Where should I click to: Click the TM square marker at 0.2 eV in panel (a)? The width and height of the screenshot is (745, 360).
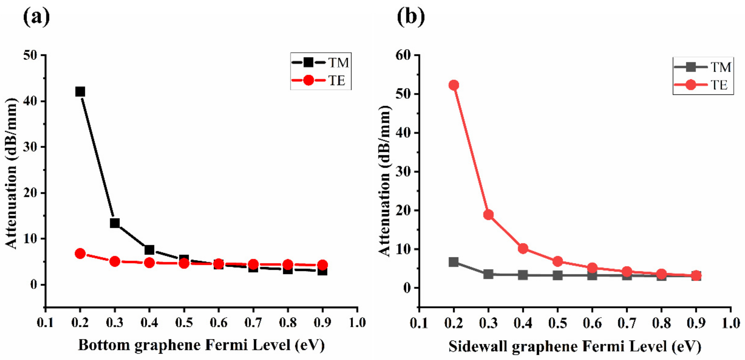[x=80, y=92]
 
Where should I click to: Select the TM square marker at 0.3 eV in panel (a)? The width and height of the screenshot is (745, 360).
[x=115, y=223]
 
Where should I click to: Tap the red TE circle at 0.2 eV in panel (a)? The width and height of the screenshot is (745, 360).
[x=80, y=253]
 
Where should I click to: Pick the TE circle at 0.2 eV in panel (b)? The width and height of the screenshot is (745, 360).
[x=454, y=85]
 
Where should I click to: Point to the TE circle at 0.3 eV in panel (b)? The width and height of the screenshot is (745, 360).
[x=488, y=215]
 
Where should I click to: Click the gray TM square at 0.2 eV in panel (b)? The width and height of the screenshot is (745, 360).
[x=454, y=262]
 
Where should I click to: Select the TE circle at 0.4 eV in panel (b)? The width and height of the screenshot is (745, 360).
[x=523, y=248]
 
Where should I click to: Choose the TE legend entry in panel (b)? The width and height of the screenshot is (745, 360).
[x=703, y=85]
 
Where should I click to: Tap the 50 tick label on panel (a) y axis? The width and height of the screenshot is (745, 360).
[x=30, y=55]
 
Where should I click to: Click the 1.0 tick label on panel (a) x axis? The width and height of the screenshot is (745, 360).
[x=357, y=322]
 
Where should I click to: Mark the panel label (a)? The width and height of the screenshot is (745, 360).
[x=36, y=17]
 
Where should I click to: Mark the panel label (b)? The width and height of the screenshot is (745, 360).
[x=411, y=17]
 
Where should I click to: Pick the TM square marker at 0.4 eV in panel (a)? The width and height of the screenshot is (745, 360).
[x=149, y=249]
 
